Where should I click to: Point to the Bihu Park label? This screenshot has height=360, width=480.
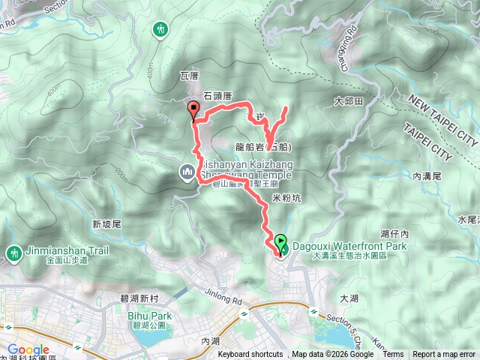pyautogui.click(x=154, y=316)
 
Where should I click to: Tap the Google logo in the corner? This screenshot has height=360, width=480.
pyautogui.click(x=28, y=349)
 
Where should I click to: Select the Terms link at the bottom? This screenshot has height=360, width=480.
pyautogui.click(x=393, y=355)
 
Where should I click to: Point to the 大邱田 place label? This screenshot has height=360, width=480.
pyautogui.click(x=349, y=100)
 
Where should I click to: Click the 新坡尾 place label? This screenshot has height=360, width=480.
pyautogui.click(x=106, y=223)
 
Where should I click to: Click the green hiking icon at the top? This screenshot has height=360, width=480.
pyautogui.click(x=160, y=30)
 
